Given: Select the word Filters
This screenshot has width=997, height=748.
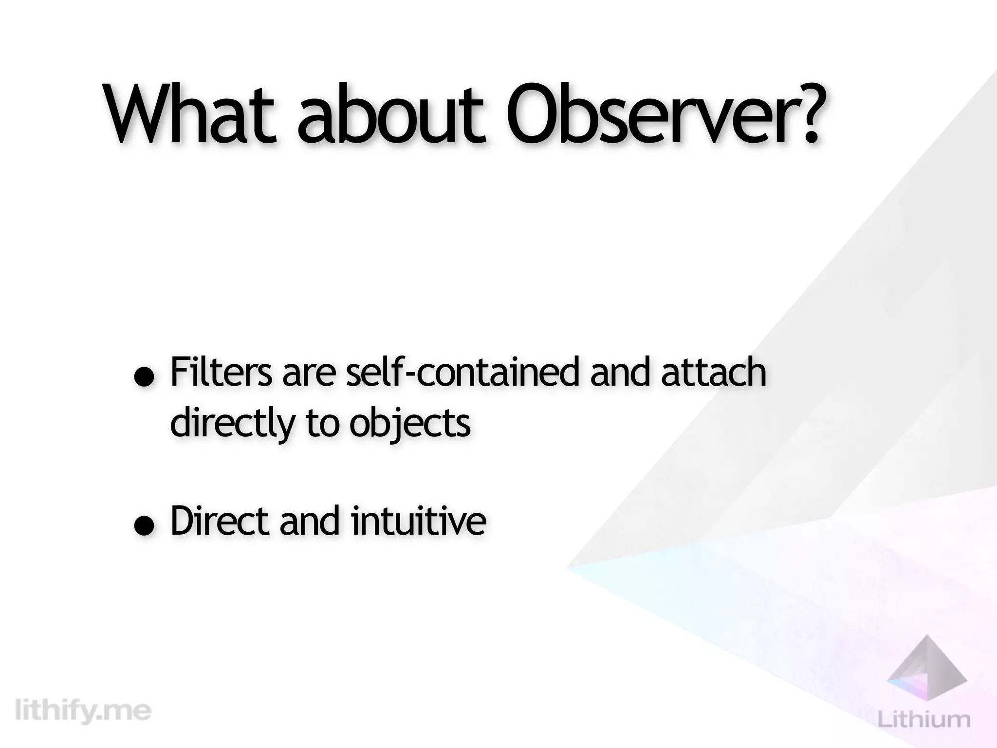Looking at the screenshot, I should coord(221,372).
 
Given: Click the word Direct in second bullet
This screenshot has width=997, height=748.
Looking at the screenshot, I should coord(220,521).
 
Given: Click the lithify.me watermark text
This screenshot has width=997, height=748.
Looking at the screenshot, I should coord(83,711).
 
